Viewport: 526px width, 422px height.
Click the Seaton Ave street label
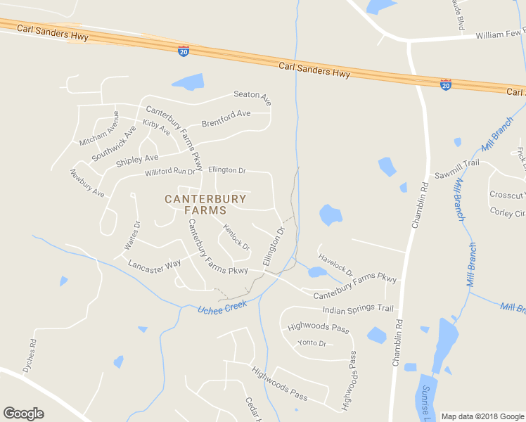click(x=252, y=98)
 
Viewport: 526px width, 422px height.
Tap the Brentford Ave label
click(x=226, y=117)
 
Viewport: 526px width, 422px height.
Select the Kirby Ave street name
click(x=156, y=127)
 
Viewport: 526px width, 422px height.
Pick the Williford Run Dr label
click(x=169, y=172)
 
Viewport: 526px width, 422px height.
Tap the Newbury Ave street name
click(x=86, y=183)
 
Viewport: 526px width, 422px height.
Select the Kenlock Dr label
click(x=236, y=236)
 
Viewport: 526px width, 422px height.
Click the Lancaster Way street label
click(x=155, y=265)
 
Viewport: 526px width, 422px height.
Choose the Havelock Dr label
click(x=335, y=265)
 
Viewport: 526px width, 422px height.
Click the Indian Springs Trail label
click(x=357, y=309)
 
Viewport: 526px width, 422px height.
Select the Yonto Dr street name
click(x=312, y=343)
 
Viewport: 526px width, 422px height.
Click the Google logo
click(x=23, y=414)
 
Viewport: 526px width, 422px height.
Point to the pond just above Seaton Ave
click(x=188, y=82)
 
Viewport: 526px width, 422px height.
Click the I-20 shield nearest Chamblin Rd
click(x=445, y=84)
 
